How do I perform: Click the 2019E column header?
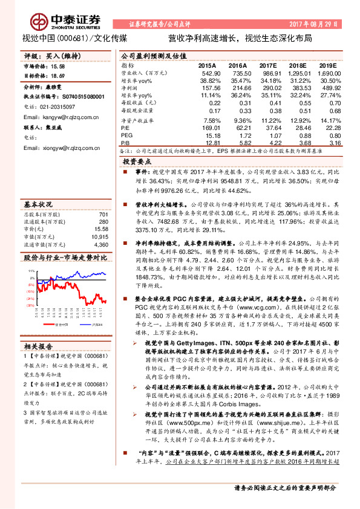tap(327, 64)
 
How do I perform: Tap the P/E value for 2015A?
tap(209, 127)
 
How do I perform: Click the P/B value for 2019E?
tap(330, 143)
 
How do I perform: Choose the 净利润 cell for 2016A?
tap(238, 88)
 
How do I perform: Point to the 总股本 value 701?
tap(103, 215)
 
